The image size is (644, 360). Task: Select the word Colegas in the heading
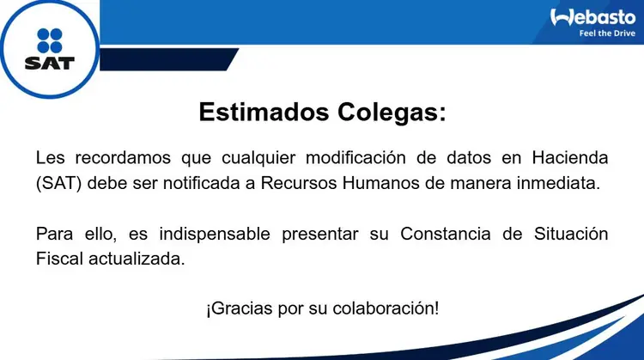(392, 113)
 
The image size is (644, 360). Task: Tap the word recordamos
(123, 157)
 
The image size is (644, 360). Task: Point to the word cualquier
(258, 158)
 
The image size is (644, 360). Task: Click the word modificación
(355, 157)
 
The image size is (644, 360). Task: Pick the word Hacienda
(570, 157)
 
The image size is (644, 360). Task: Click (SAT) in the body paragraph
(58, 183)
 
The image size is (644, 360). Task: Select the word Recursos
(299, 183)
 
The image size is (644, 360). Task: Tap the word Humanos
(380, 183)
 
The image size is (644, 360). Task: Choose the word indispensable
(215, 234)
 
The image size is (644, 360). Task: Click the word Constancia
(445, 234)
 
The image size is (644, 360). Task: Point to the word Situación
(571, 234)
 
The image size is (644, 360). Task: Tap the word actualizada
(137, 259)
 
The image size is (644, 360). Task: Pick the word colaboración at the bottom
(386, 308)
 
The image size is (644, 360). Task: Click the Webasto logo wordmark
(592, 18)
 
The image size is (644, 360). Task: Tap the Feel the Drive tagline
(607, 34)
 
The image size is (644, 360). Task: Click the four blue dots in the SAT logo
(50, 40)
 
